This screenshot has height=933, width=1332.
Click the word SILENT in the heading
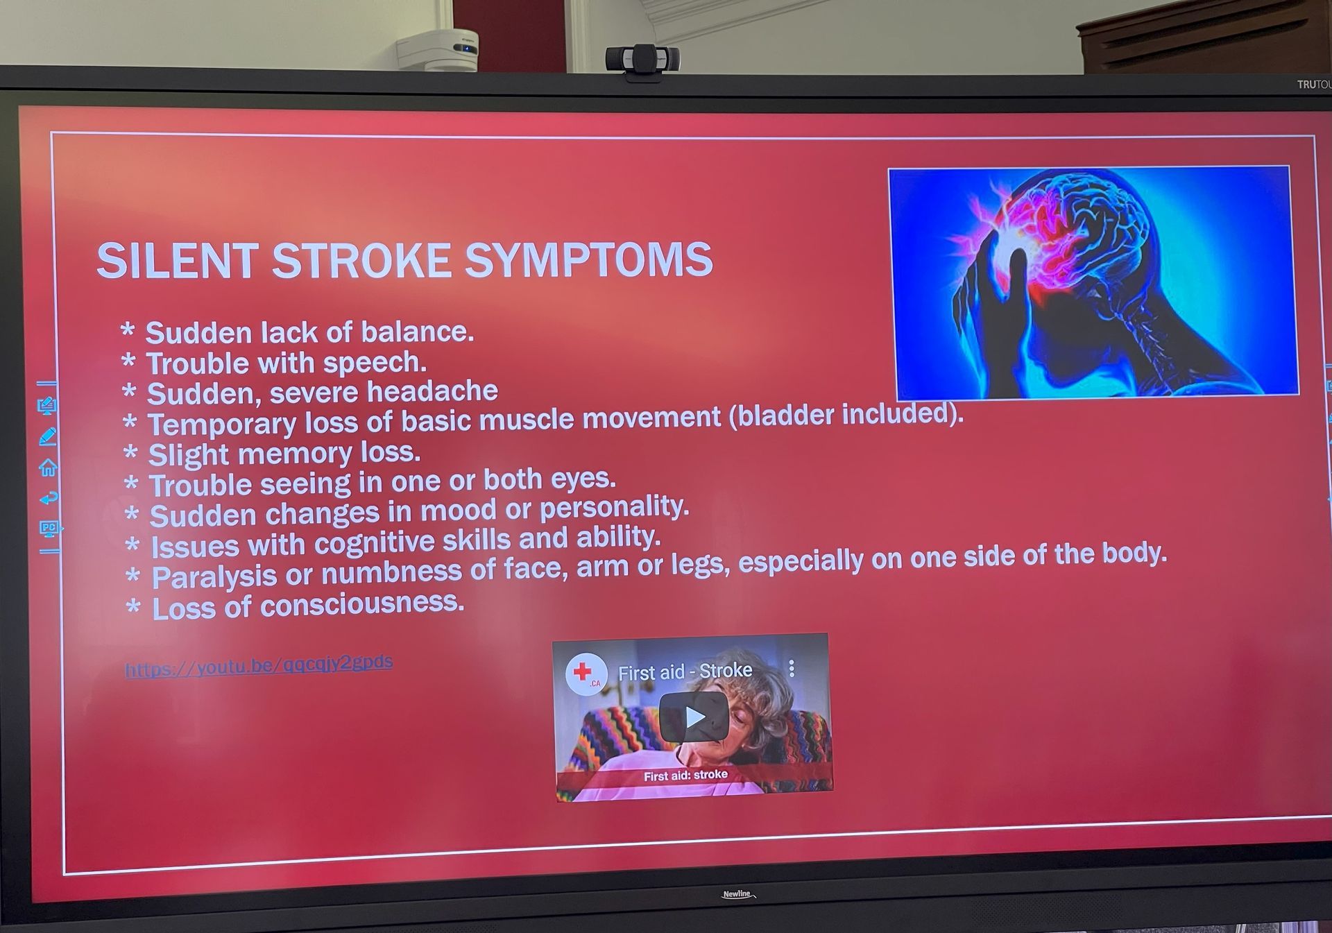[x=177, y=261]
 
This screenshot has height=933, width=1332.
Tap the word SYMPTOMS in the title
[x=588, y=260]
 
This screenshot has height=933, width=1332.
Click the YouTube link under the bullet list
[x=259, y=665]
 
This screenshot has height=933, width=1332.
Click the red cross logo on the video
[x=584, y=673]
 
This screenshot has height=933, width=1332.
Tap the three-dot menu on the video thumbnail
[x=792, y=668]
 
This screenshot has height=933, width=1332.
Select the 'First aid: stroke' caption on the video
[x=685, y=776]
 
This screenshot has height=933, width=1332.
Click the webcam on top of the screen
[x=642, y=61]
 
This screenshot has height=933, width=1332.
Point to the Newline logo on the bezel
[x=738, y=894]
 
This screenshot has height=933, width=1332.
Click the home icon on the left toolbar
[x=48, y=468]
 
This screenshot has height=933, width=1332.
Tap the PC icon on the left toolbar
[x=49, y=529]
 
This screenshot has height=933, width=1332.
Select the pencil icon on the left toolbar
[x=47, y=436]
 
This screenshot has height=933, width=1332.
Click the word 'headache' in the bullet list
[x=432, y=391]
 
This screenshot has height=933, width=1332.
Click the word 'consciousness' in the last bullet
[x=361, y=604]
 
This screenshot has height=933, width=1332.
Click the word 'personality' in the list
[x=614, y=508]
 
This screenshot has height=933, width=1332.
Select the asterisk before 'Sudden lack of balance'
[x=128, y=330]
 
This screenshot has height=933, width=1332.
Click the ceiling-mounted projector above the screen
[x=438, y=50]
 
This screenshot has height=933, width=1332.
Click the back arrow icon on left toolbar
[x=49, y=498]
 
